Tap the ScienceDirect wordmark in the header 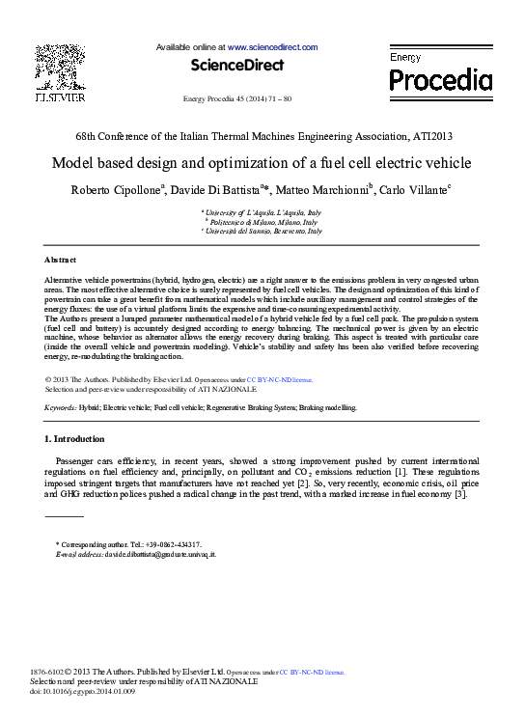coord(236,66)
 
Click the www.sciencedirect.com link coord(272,46)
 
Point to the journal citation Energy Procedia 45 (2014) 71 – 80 coord(236,99)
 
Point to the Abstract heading coord(61,261)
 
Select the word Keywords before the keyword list coord(61,408)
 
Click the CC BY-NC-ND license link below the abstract coord(280,380)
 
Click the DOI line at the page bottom coord(84,692)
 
